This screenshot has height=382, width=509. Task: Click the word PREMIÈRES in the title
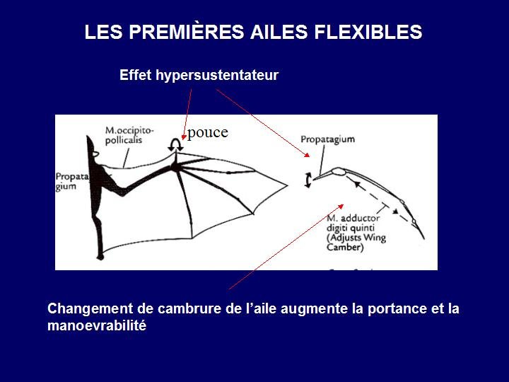(186, 31)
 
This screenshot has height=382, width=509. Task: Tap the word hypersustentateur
(217, 76)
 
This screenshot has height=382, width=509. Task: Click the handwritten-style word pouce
(208, 132)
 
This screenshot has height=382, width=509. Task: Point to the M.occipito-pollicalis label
(129, 135)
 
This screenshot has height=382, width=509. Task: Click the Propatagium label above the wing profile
(327, 139)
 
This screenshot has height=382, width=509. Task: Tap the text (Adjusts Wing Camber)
(356, 243)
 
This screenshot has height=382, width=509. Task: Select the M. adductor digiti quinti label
(353, 223)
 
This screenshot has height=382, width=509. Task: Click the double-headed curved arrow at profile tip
(306, 180)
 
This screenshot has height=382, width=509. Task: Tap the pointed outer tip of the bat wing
(287, 186)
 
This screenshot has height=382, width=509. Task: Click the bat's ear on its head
(95, 154)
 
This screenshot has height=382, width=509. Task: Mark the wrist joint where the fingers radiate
(175, 167)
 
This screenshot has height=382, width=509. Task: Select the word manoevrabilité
(97, 325)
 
